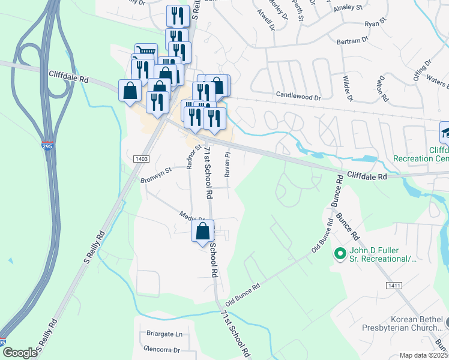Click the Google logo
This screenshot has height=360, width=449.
[19, 353]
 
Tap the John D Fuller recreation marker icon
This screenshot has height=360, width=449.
[340, 254]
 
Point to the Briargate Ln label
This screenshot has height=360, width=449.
[164, 334]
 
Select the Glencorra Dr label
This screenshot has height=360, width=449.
[161, 349]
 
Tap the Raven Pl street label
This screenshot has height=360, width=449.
[228, 164]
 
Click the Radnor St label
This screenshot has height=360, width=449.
[191, 156]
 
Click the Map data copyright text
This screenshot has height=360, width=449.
[423, 355]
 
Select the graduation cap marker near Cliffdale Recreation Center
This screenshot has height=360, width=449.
[445, 131]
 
